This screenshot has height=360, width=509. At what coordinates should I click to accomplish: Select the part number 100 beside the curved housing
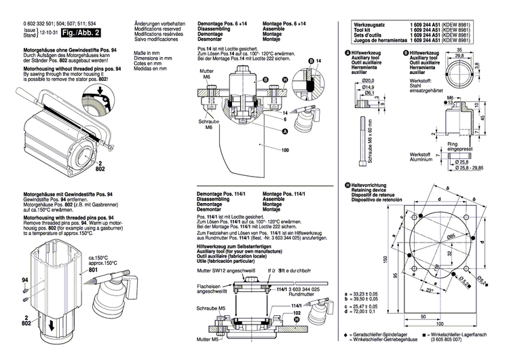[284, 149]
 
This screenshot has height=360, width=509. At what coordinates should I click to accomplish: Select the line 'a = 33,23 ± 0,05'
[358, 294]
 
